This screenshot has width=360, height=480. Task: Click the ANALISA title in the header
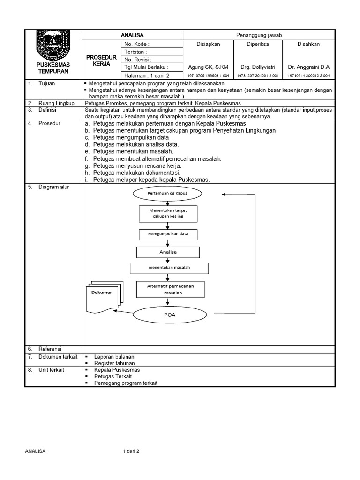click(x=132, y=35)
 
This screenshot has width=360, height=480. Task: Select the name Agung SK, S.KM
click(x=208, y=67)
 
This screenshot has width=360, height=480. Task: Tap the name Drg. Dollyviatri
click(x=257, y=67)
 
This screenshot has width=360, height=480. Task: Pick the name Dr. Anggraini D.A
click(x=309, y=67)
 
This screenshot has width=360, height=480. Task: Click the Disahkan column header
click(x=309, y=44)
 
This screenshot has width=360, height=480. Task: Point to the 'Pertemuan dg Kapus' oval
click(x=167, y=194)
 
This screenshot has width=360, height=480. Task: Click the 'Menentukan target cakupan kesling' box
click(x=168, y=214)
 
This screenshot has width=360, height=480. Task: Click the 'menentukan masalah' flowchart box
click(x=169, y=268)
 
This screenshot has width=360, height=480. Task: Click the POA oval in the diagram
click(x=169, y=315)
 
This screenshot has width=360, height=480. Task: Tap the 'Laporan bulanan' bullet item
click(x=114, y=357)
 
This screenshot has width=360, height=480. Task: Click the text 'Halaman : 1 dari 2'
click(x=145, y=75)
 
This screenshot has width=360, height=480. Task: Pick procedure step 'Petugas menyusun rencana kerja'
click(x=137, y=165)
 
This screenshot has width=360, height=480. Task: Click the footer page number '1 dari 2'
click(x=131, y=452)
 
